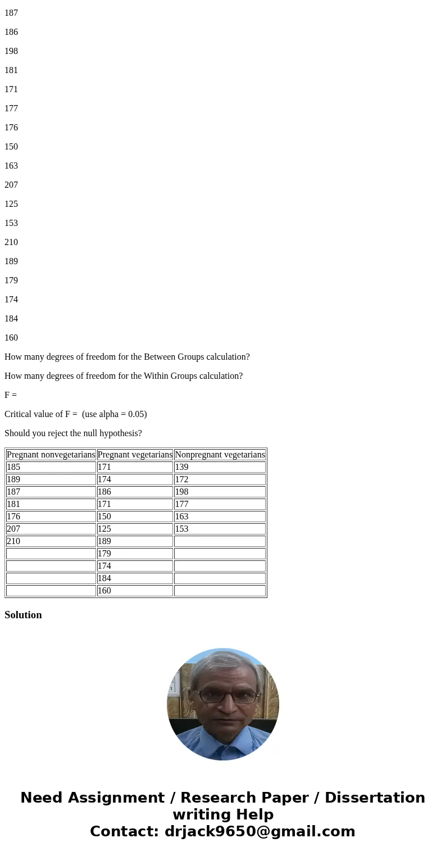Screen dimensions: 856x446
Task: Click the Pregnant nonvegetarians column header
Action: pyautogui.click(x=51, y=455)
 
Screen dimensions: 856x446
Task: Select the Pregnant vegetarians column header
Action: pyautogui.click(x=135, y=455)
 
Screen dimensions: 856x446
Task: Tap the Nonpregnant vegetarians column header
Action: pyautogui.click(x=220, y=455)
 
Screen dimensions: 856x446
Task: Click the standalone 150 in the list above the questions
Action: pyautogui.click(x=11, y=147)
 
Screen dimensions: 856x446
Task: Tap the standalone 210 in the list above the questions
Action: pyautogui.click(x=11, y=242)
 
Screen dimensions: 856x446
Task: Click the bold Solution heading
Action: pyautogui.click(x=23, y=615)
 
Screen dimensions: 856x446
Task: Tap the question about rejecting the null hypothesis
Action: pyautogui.click(x=73, y=433)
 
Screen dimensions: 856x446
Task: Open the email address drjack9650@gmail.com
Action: pyautogui.click(x=260, y=831)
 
